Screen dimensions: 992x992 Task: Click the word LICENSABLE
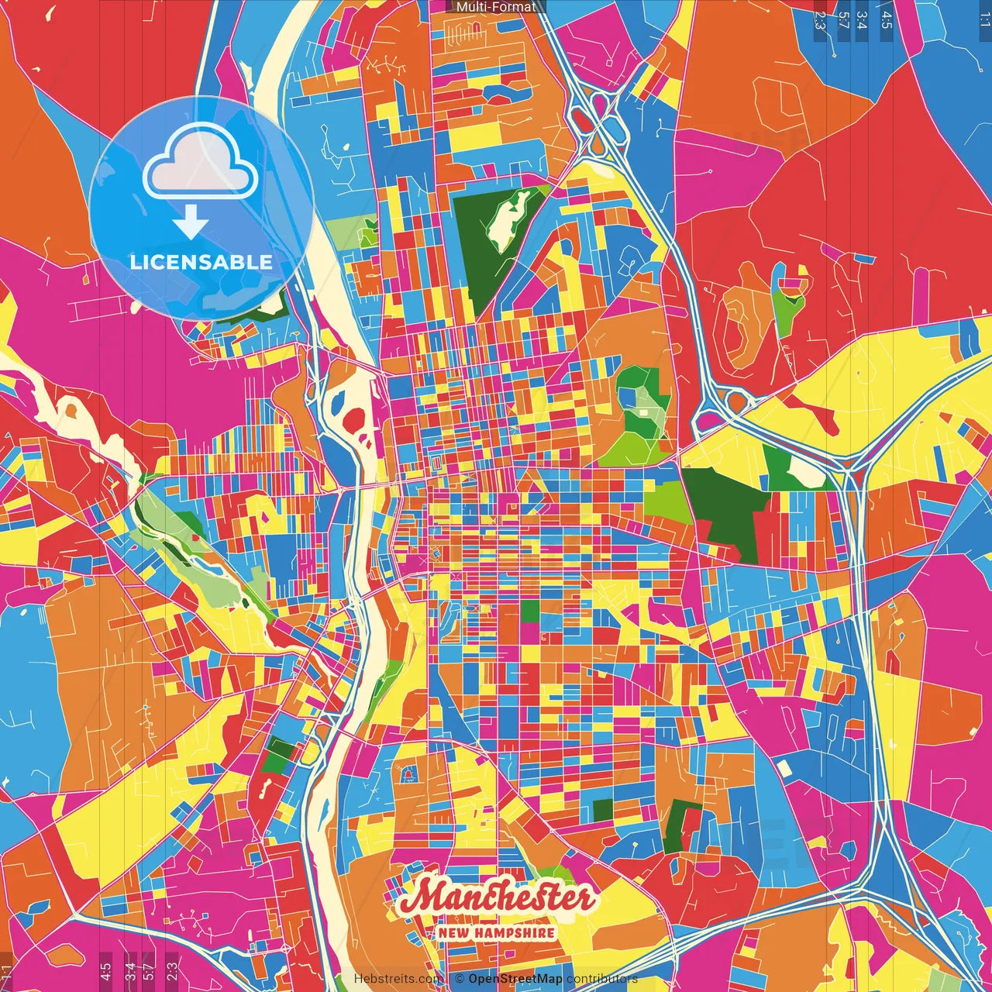pyautogui.click(x=201, y=262)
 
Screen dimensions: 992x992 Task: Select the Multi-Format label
pyautogui.click(x=496, y=7)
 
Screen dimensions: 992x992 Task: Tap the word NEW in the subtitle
pyautogui.click(x=454, y=932)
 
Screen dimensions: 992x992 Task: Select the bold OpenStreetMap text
pyautogui.click(x=515, y=979)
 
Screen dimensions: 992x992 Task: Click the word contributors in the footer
pyautogui.click(x=601, y=979)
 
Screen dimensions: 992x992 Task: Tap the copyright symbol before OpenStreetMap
pyautogui.click(x=460, y=979)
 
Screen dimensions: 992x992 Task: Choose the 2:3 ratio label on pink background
pyautogui.click(x=172, y=970)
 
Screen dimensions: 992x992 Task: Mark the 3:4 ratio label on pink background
pyautogui.click(x=130, y=970)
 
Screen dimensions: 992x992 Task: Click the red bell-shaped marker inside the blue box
pyautogui.click(x=408, y=773)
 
